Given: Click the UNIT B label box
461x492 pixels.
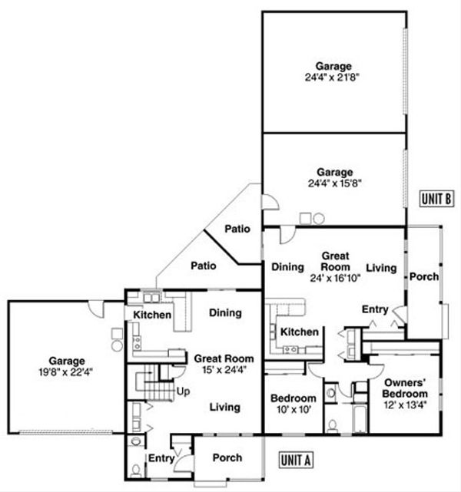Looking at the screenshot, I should click(436, 199).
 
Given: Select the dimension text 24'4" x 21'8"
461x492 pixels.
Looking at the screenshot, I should click(333, 78).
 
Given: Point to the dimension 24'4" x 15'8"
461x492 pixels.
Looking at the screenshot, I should click(333, 183).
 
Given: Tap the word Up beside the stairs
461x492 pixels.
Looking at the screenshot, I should click(185, 390).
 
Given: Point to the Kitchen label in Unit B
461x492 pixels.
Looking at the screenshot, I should click(299, 332).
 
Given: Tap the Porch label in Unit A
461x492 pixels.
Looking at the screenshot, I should click(226, 457).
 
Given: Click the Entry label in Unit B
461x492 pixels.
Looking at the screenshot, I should click(375, 309).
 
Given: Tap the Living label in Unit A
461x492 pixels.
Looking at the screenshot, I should click(224, 407).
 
